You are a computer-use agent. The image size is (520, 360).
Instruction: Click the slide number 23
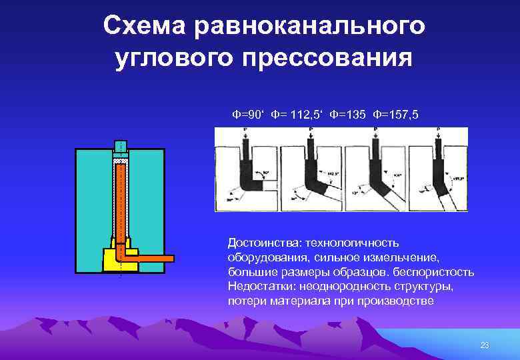tap(485, 345)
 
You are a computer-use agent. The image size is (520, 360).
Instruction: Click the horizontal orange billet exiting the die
tap(150, 257)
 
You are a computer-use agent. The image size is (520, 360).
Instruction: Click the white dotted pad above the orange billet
tap(120, 161)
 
